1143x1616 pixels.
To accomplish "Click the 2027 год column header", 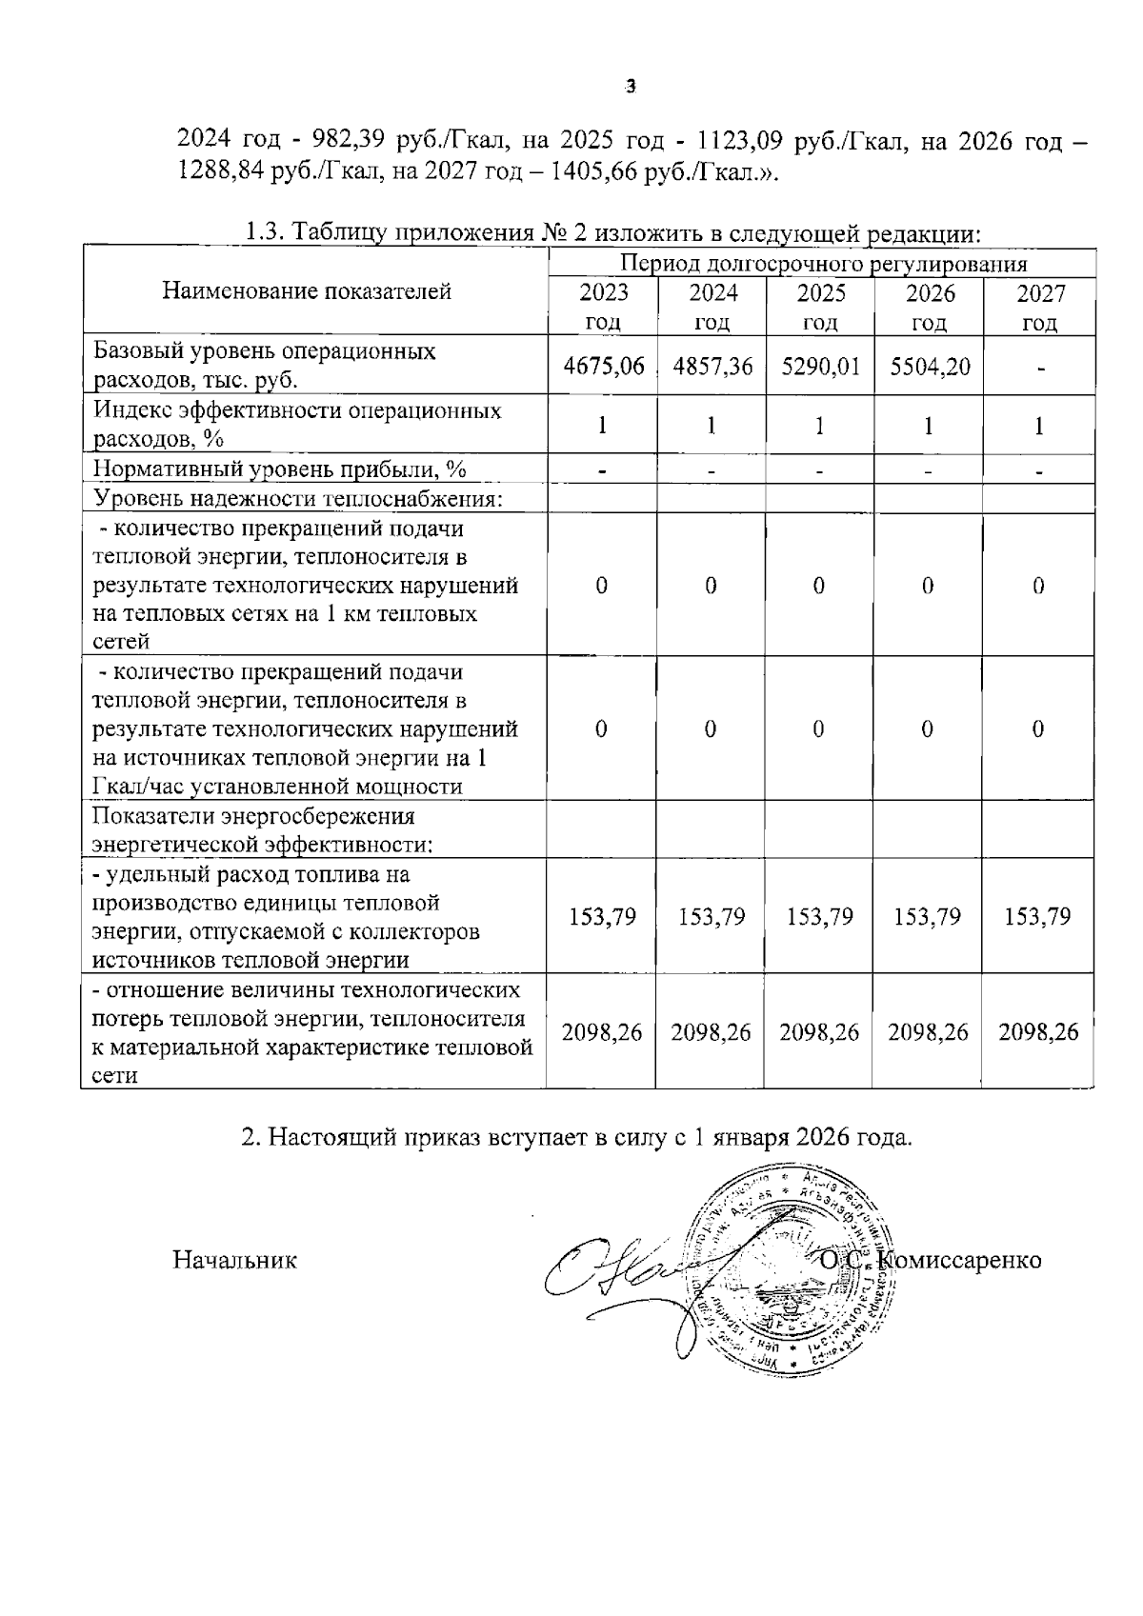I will click(x=1039, y=307).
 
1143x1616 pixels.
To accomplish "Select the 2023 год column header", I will click(x=603, y=307).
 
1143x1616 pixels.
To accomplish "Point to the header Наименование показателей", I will click(x=307, y=291).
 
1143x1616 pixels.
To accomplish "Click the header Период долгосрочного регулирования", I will click(x=823, y=264).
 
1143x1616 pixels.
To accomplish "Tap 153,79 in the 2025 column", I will click(x=820, y=917).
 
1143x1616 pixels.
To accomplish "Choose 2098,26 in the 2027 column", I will click(x=1038, y=1032).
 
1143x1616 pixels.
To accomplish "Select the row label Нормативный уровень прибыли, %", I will click(x=279, y=469).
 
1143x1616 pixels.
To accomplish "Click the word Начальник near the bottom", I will click(x=234, y=1260).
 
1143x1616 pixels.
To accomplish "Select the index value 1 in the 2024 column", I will click(x=712, y=426).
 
